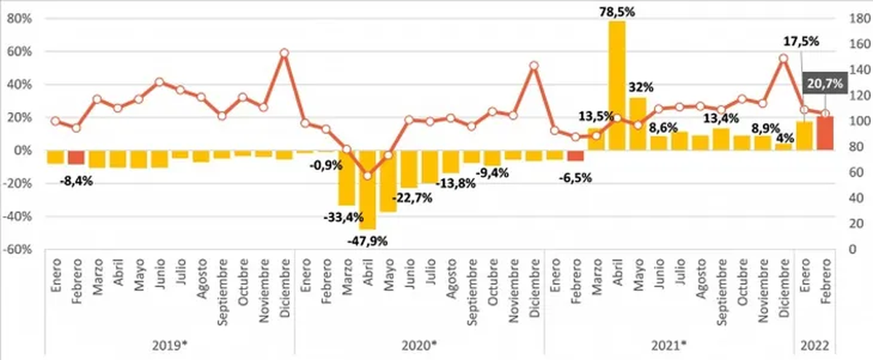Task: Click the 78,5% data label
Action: click(616, 11)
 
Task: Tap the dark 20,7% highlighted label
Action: click(824, 84)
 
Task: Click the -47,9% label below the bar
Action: click(367, 240)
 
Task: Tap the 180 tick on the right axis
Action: click(855, 19)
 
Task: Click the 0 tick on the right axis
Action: click(850, 249)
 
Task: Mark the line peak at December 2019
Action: click(284, 52)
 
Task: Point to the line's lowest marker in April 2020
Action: click(367, 175)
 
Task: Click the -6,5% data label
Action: click(575, 177)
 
